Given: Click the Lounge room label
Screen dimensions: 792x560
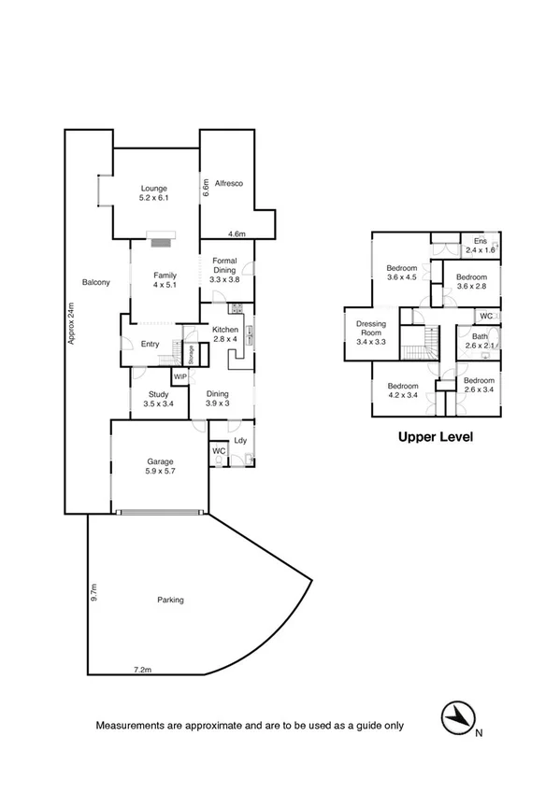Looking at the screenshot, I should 154,193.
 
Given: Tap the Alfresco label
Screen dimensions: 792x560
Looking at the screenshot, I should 228,183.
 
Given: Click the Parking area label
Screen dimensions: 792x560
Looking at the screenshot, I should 170,600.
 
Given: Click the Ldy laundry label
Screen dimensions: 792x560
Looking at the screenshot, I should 240,440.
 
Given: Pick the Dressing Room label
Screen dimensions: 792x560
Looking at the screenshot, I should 372,333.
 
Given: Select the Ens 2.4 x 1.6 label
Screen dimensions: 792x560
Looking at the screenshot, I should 481,246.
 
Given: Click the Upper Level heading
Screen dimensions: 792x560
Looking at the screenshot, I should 436,436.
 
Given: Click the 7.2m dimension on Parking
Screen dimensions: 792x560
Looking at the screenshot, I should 143,669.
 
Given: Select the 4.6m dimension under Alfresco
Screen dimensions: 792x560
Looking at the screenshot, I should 237,234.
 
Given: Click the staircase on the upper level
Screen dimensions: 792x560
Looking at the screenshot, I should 419,343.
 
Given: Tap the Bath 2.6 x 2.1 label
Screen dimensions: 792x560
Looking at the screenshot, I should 481,342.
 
